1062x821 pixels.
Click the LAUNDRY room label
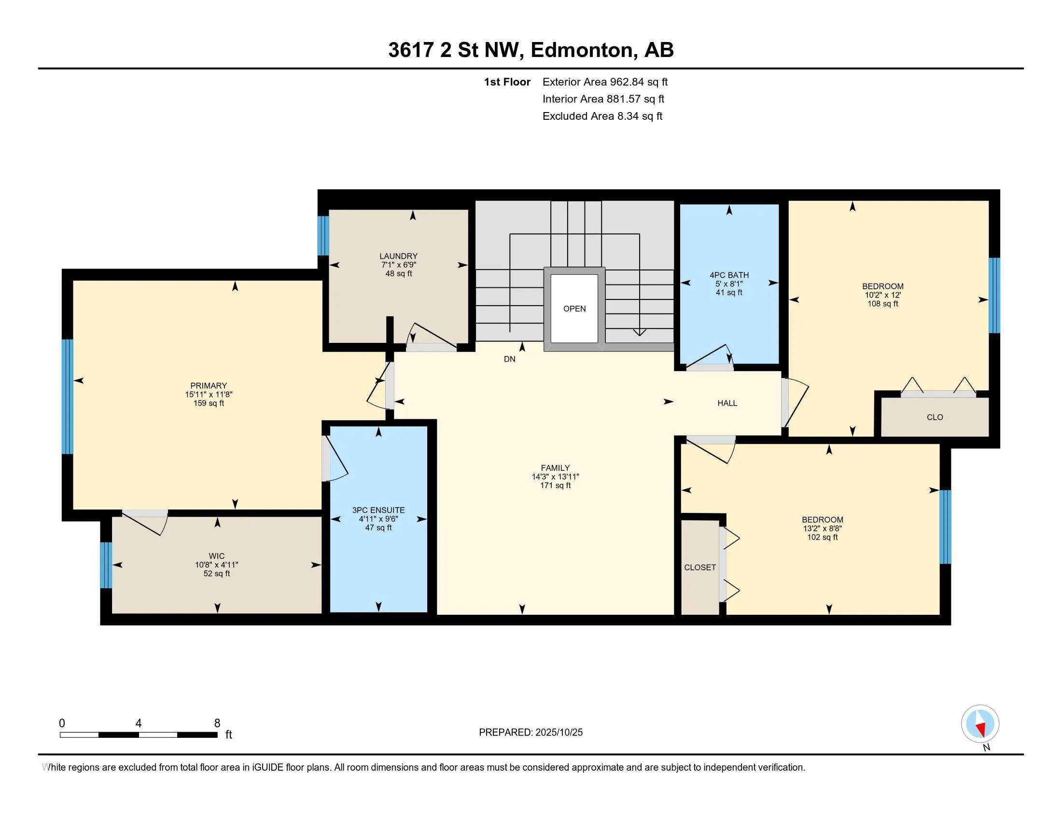(398, 256)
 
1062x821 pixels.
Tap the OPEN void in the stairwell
(574, 309)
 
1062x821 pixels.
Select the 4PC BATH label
(729, 275)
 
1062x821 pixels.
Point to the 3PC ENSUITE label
(378, 510)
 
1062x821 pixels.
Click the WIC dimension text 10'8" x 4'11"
(216, 565)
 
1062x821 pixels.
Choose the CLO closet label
(935, 417)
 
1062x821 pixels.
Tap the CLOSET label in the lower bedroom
(700, 567)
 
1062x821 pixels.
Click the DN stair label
(510, 359)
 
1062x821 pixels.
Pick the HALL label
(727, 403)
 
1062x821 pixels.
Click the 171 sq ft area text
(555, 485)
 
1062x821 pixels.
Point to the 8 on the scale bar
(217, 723)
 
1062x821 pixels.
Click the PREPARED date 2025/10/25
(558, 733)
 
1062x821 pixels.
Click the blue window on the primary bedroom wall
(68, 396)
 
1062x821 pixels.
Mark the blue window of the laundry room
(323, 236)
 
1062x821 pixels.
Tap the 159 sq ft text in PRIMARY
(209, 403)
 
